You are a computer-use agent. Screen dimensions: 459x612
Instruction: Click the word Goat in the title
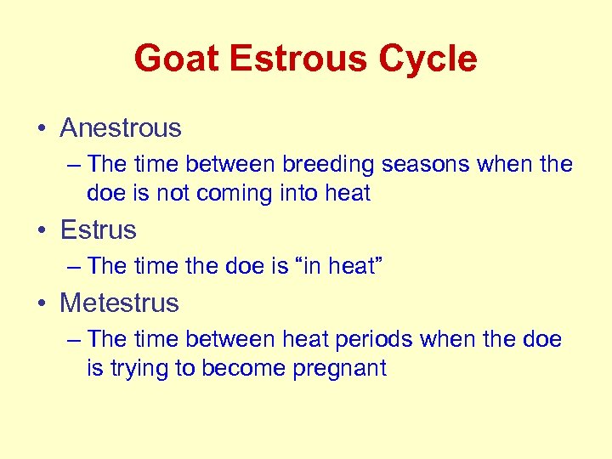click(175, 59)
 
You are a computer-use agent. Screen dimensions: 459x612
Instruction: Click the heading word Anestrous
click(121, 128)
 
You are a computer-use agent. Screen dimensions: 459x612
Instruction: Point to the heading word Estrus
click(98, 229)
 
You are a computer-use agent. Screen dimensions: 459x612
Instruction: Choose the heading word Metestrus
click(119, 303)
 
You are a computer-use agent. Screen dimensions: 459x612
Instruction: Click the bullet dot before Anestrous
click(42, 129)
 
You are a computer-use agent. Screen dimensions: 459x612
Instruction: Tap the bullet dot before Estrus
click(42, 230)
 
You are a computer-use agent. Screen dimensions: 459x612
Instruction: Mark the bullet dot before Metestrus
click(42, 303)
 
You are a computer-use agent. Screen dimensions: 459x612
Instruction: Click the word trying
click(139, 368)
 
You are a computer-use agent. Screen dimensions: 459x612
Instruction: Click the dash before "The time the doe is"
click(73, 267)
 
